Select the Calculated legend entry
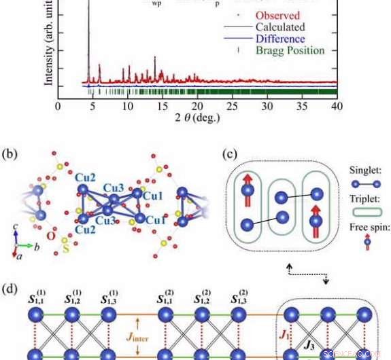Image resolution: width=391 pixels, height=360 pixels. (x=285, y=27)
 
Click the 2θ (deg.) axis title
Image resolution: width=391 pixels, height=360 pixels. (x=197, y=120)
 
